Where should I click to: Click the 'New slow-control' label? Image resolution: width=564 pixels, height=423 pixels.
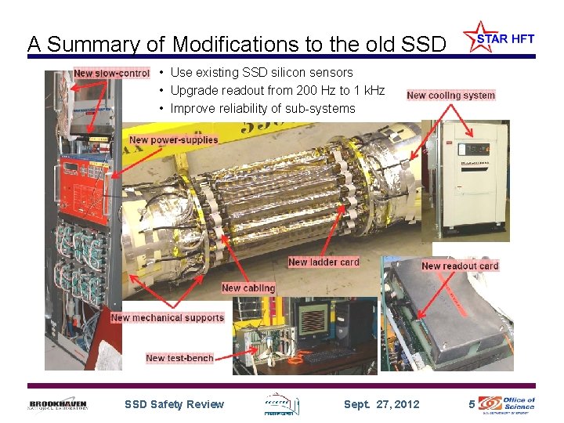tap(111, 74)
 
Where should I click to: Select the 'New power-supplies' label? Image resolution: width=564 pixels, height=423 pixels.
tap(174, 140)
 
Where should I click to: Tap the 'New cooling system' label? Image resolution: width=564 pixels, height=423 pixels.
tap(451, 96)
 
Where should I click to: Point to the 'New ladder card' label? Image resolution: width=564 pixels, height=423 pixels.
tap(324, 262)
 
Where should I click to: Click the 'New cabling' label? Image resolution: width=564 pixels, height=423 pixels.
tap(248, 288)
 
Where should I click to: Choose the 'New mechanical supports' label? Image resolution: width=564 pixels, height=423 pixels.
tap(168, 317)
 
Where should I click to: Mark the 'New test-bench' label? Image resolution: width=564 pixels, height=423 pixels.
tap(179, 358)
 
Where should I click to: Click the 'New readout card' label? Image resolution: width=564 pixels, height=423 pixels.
tap(460, 266)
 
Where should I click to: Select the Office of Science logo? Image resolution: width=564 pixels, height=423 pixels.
tap(507, 403)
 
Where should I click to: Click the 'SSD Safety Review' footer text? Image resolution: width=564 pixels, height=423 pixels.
tap(174, 404)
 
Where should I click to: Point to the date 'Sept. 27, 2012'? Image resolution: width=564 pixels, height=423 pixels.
tap(381, 404)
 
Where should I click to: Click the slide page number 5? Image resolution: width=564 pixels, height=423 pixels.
tap(471, 404)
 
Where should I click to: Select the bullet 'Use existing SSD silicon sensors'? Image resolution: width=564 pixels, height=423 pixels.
tap(261, 72)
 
